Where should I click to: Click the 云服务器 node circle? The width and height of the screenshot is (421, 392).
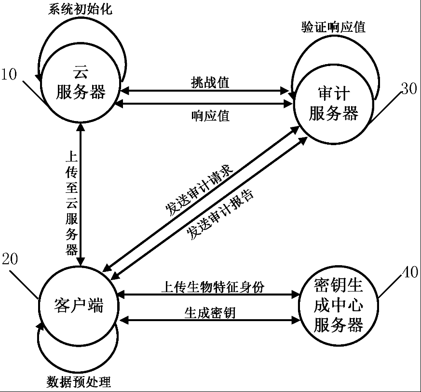[x=80, y=83]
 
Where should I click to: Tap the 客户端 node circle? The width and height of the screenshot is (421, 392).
[x=79, y=306]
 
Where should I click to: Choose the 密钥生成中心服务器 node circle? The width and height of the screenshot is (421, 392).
[x=339, y=306]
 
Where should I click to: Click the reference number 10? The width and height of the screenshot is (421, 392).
[x=9, y=74]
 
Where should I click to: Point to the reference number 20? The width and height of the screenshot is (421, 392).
[x=10, y=259]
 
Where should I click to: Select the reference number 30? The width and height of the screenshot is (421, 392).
[x=409, y=88]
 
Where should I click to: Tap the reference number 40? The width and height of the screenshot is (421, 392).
[x=410, y=272]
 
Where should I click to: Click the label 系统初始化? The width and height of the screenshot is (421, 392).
[x=80, y=9]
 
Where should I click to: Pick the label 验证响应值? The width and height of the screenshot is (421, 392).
[x=333, y=27]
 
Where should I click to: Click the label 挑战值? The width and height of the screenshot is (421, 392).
[x=210, y=82]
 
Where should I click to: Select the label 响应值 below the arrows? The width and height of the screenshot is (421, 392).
[x=210, y=116]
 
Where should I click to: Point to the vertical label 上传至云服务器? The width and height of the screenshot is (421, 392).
[x=72, y=203]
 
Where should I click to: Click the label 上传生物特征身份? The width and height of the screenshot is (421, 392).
[x=213, y=287]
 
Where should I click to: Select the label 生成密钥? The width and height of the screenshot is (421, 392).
[x=210, y=313]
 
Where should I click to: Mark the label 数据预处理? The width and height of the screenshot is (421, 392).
[x=79, y=381]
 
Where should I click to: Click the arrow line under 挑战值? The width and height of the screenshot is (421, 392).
[x=204, y=91]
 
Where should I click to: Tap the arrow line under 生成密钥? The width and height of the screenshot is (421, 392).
[x=210, y=320]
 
